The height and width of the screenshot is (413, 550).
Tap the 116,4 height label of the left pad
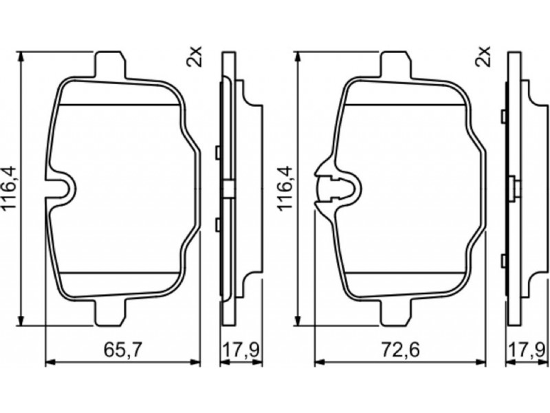[x=10, y=189]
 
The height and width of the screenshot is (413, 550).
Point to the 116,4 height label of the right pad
[x=285, y=189]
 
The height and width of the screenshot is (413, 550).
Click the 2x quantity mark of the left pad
[x=194, y=57]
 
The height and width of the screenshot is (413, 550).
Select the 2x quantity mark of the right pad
[x=483, y=57]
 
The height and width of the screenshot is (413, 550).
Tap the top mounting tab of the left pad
[x=109, y=64]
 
